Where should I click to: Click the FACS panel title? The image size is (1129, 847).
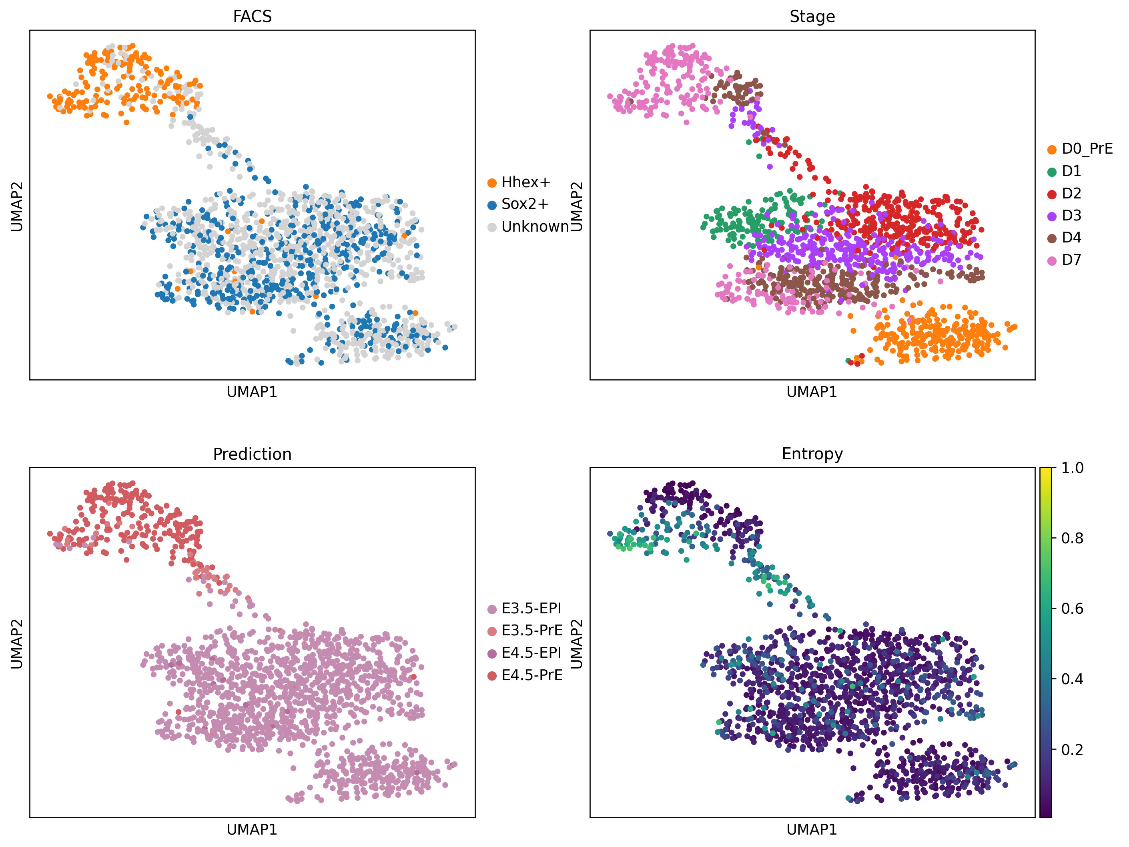[252, 17]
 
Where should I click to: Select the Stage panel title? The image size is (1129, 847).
[812, 17]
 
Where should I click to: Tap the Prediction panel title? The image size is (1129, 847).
[252, 454]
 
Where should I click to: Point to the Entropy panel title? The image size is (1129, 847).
[812, 454]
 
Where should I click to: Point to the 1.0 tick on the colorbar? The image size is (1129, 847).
[1072, 468]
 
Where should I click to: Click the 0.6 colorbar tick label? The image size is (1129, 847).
[1072, 609]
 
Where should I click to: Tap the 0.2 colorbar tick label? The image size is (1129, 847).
[1072, 749]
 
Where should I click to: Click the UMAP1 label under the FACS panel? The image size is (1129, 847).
[252, 392]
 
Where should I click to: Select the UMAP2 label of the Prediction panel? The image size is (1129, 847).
[17, 643]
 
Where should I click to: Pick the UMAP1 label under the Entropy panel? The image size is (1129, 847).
[812, 830]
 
